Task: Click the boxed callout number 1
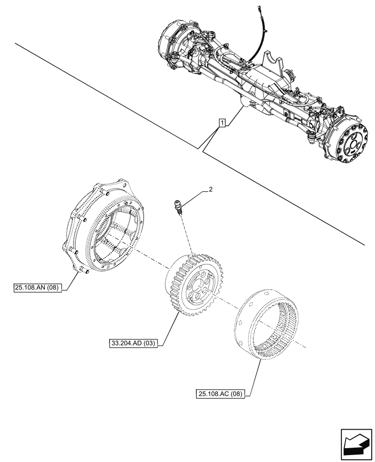223,123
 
